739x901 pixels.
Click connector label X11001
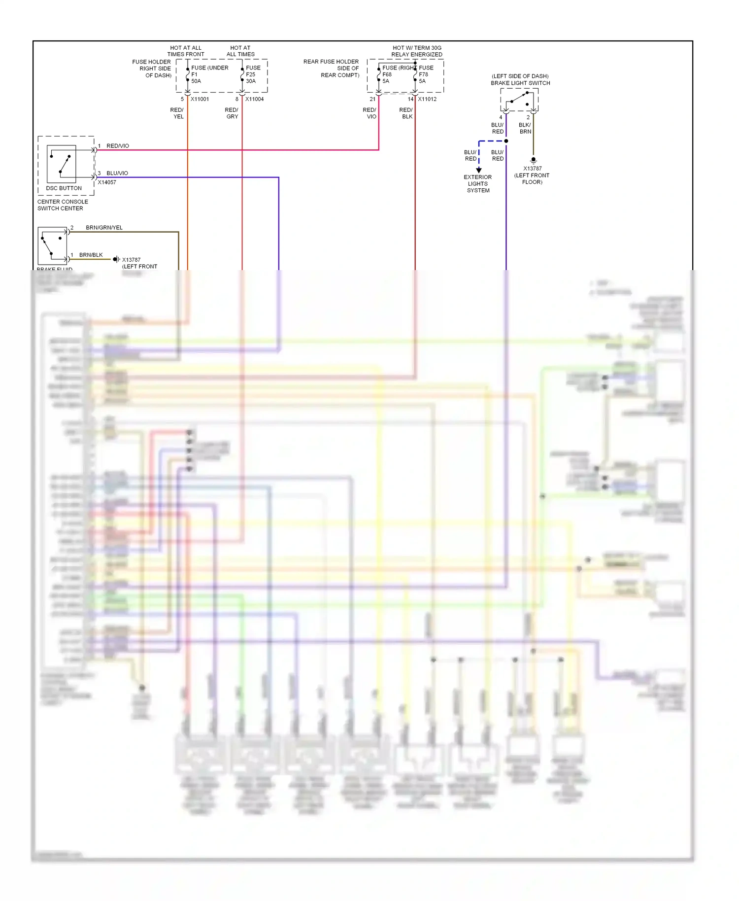(x=200, y=99)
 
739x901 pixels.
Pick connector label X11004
(x=254, y=99)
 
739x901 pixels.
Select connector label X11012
(x=427, y=99)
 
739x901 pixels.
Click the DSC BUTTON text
(x=64, y=188)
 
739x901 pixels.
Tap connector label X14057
(x=107, y=182)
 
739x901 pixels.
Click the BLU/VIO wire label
(x=117, y=173)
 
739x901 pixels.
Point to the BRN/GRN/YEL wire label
(x=104, y=228)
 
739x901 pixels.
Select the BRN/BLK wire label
(x=91, y=255)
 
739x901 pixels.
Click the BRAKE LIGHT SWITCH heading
(x=520, y=83)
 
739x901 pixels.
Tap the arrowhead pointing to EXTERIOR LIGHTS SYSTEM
(x=478, y=170)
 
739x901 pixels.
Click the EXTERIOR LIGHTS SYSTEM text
(x=478, y=184)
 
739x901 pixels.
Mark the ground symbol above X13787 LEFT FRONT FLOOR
(x=533, y=160)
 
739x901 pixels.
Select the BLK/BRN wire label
(x=525, y=128)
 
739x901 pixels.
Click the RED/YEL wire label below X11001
(x=177, y=113)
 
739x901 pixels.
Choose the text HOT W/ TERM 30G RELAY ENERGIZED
(x=417, y=51)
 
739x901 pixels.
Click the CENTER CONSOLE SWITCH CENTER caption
(x=63, y=205)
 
